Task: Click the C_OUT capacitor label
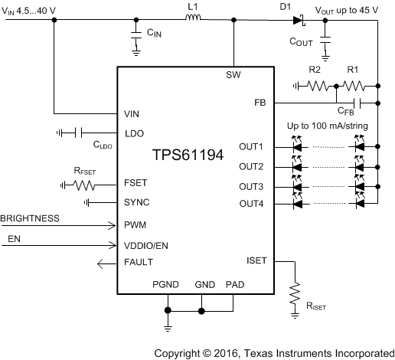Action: coord(305,42)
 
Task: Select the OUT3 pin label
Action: coord(250,186)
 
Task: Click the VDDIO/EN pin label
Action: coord(146,246)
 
